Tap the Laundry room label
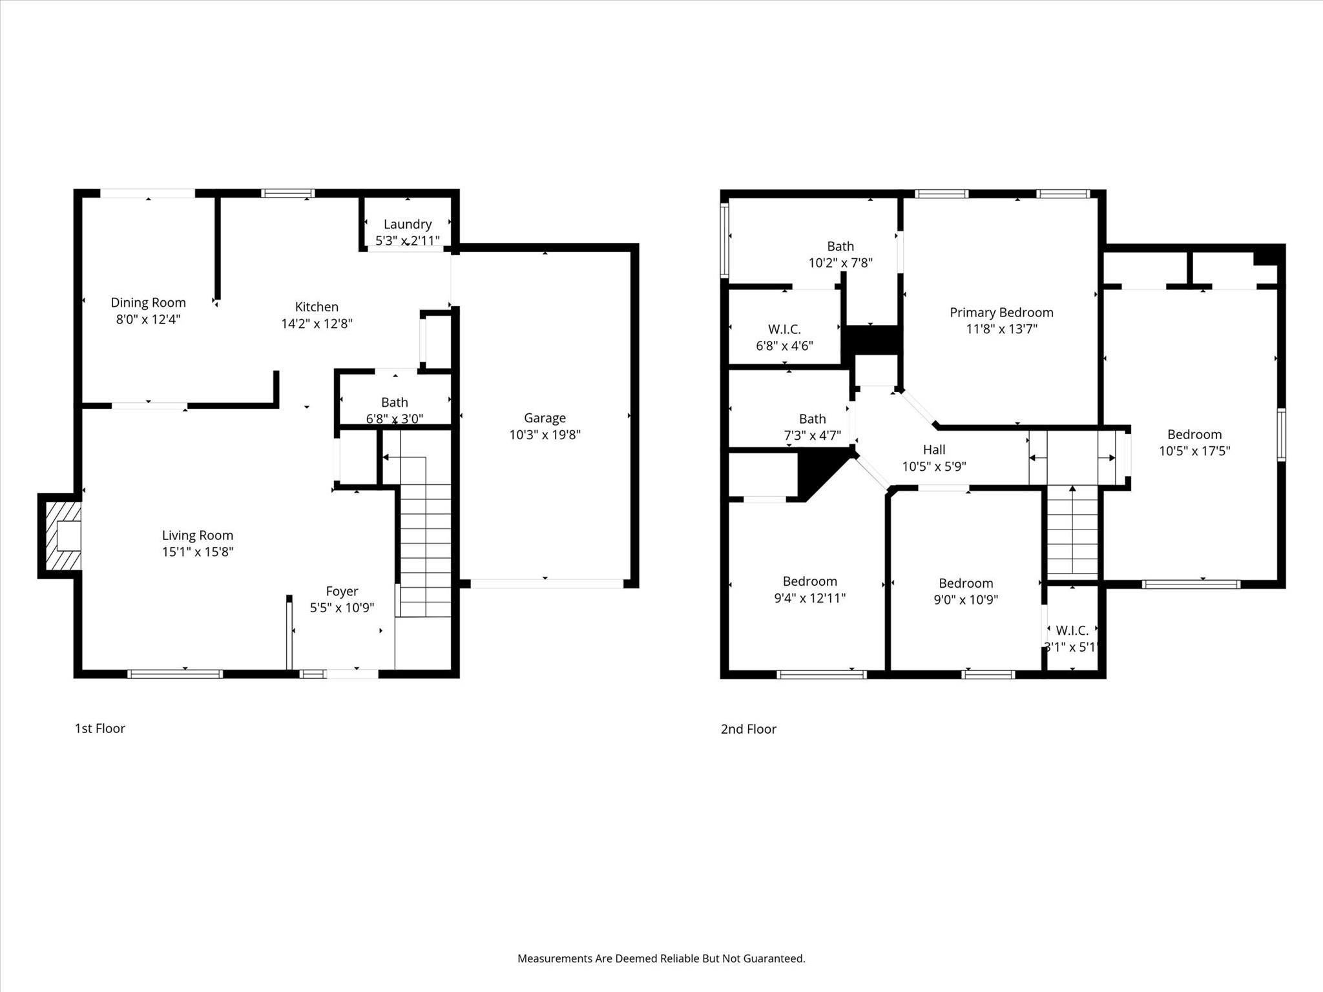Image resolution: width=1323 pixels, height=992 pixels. coord(407,224)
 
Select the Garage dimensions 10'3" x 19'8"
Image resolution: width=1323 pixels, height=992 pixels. coord(545,435)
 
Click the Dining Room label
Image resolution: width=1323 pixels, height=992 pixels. coord(148,302)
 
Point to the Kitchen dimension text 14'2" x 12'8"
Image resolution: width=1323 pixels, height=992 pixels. coord(317,324)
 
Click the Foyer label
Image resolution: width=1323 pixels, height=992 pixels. coord(342,591)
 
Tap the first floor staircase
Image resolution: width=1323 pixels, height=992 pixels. coord(425,549)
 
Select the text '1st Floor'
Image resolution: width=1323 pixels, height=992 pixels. coord(99,728)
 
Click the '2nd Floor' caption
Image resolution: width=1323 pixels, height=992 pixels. coord(748,729)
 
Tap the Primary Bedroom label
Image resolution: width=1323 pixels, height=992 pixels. coord(1001,313)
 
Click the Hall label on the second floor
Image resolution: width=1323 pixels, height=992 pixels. coord(933,449)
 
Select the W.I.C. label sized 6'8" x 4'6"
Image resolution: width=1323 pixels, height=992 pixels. coord(784,329)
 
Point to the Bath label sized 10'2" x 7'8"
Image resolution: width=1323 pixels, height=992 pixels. coord(840,246)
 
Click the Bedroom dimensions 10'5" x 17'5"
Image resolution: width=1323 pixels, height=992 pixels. coord(1194,451)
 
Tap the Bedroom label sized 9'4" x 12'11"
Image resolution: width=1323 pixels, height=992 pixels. coord(809,581)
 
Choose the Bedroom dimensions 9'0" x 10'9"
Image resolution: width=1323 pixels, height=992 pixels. coord(965,600)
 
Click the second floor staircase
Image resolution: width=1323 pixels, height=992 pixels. coord(1072,530)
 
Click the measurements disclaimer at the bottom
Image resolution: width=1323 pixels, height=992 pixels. coord(661,958)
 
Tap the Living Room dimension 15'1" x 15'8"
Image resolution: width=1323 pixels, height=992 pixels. coord(197,552)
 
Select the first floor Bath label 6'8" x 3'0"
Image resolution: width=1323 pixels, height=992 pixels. coord(394,402)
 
